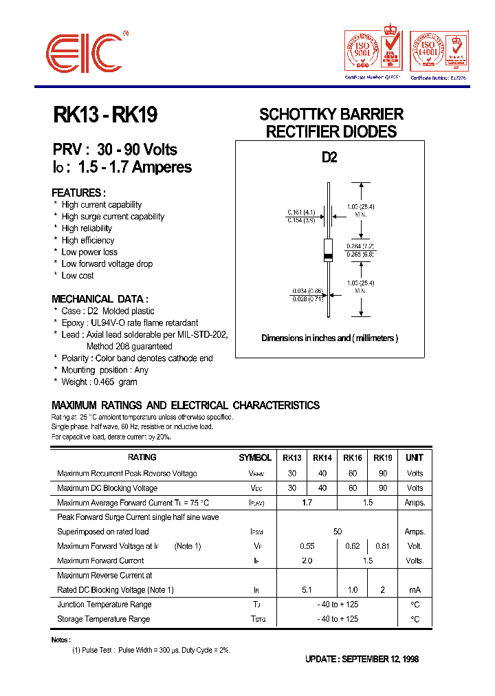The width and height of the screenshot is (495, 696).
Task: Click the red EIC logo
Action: coord(85,52)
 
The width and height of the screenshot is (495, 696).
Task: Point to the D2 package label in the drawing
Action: coord(330,157)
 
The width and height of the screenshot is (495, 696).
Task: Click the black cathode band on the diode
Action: coord(329,257)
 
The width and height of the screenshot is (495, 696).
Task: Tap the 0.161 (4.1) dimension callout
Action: coord(300,212)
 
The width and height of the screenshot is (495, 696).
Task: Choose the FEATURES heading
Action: coord(78,193)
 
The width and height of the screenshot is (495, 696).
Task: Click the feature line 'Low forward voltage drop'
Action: coord(107,263)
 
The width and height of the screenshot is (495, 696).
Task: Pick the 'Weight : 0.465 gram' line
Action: coord(99,382)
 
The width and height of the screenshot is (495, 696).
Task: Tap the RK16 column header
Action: coord(353,457)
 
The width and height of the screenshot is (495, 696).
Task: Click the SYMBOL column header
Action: coord(255,457)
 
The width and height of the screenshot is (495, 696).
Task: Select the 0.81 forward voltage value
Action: coord(383,546)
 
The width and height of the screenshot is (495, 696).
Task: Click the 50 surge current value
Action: coord(338,532)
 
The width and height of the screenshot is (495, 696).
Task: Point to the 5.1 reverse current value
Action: coord(307,590)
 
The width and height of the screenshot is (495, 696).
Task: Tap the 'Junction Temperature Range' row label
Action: coord(104,605)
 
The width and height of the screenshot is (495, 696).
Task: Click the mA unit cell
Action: coord(415,590)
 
